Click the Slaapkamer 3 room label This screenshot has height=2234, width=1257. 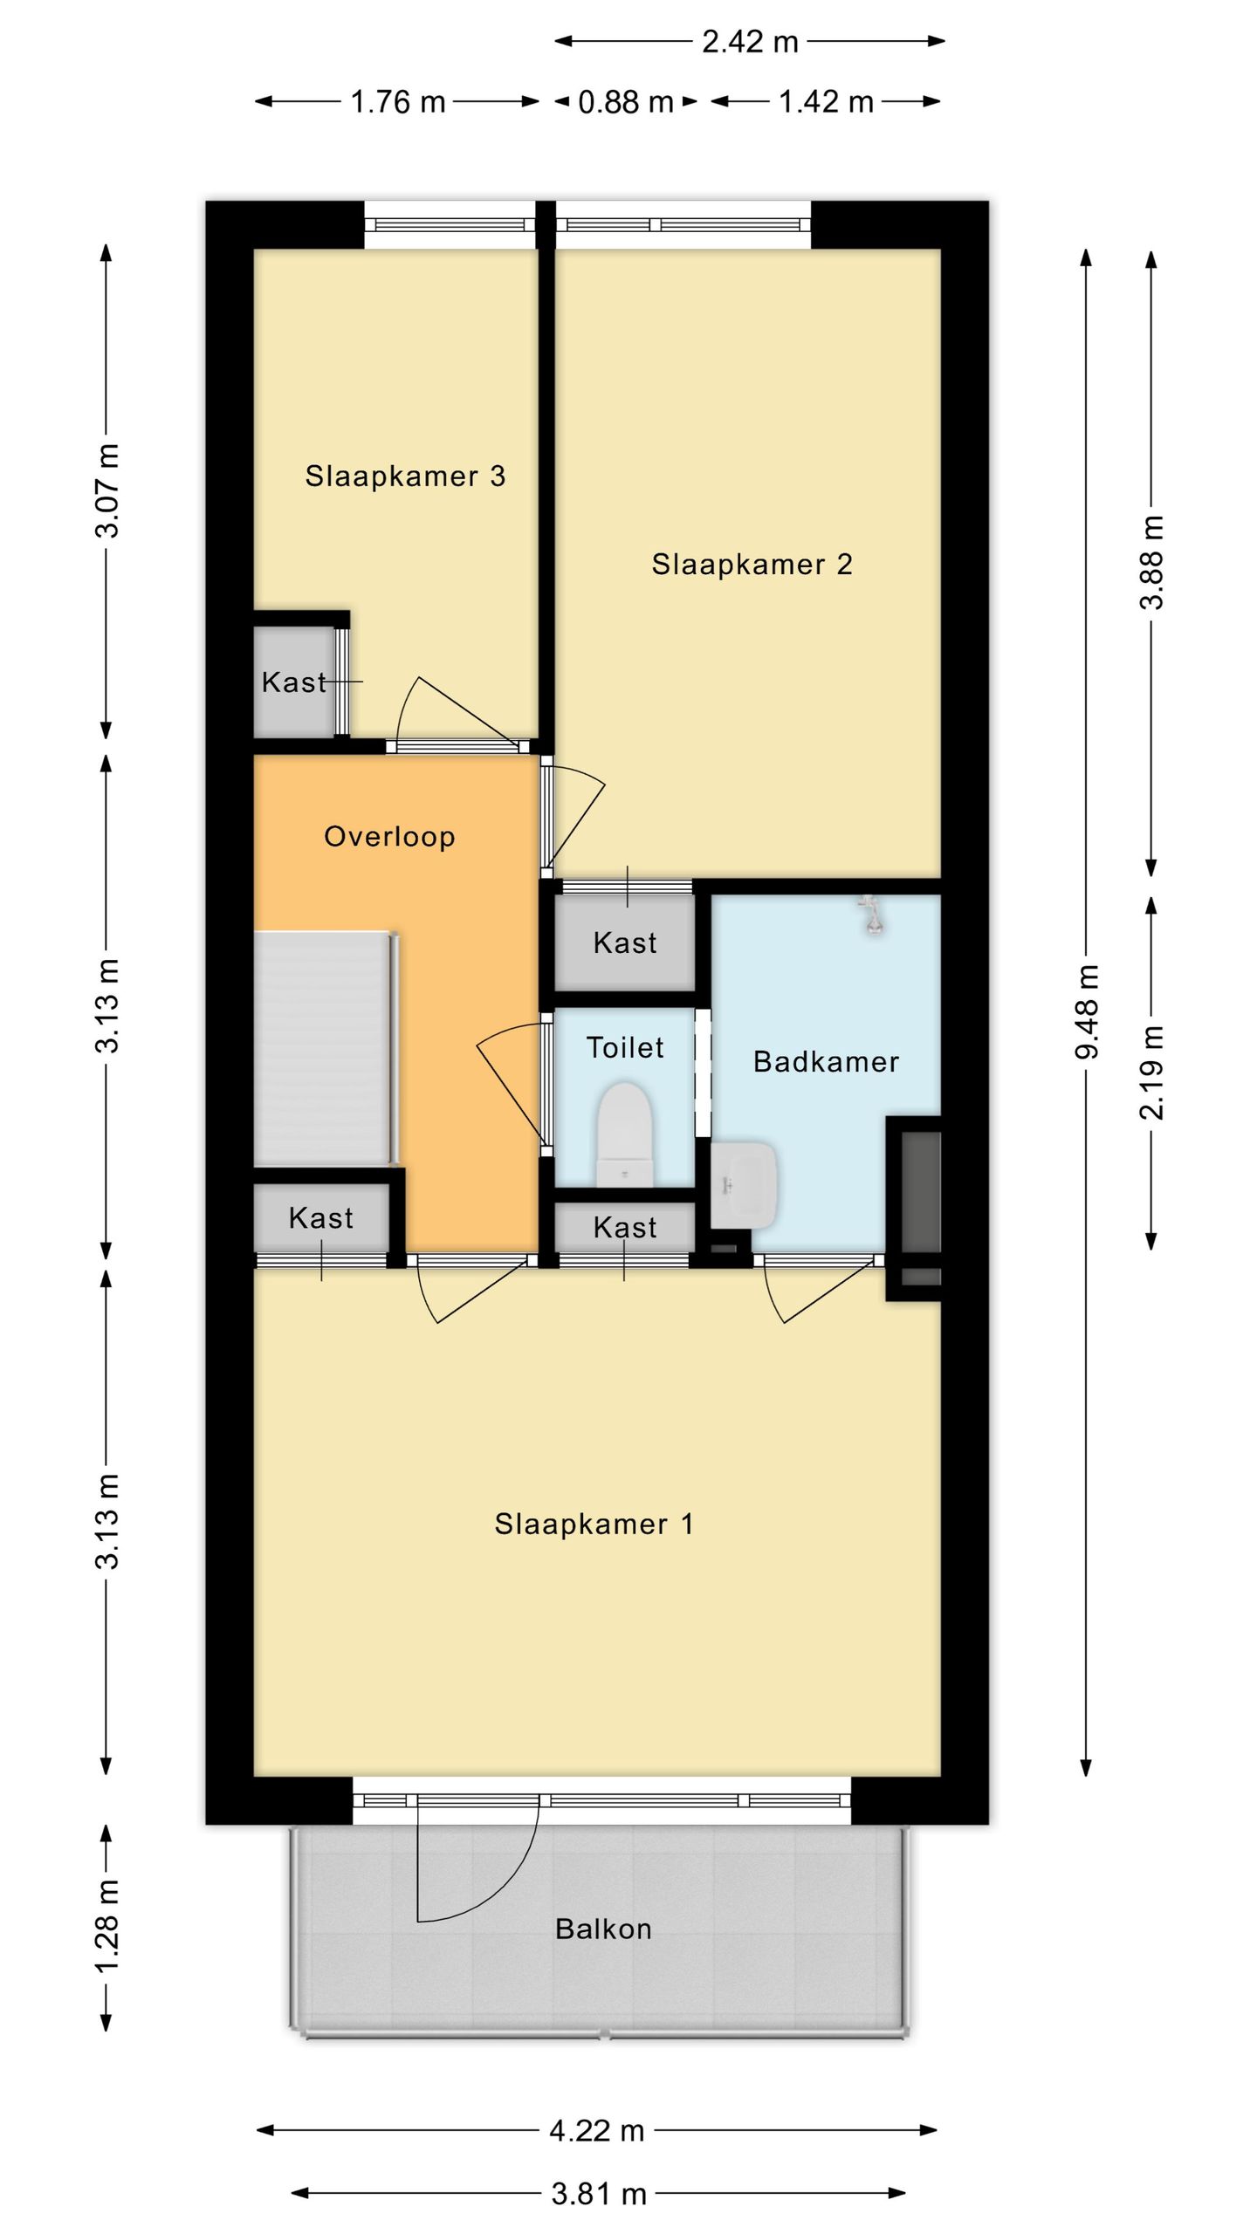coord(405,476)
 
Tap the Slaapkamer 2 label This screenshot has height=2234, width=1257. coord(752,564)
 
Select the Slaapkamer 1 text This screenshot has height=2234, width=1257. coord(594,1524)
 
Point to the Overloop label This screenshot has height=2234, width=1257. coord(389,836)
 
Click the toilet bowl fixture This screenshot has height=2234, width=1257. coord(625,1134)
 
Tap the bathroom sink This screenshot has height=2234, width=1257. coord(743,1184)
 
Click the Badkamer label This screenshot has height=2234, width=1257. coord(826,1061)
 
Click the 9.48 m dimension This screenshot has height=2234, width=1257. coord(1087,1011)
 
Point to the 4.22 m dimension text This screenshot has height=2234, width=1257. coord(597,2131)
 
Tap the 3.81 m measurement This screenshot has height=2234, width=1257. coord(599,2194)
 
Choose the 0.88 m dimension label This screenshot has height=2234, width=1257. coord(626,102)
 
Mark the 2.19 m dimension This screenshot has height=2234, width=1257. coord(1152,1072)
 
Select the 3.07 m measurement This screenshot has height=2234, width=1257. coord(106,490)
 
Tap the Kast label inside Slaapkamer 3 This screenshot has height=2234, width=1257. coord(294,682)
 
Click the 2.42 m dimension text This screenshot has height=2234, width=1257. coord(750,42)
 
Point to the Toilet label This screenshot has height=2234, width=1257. coord(625,1047)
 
